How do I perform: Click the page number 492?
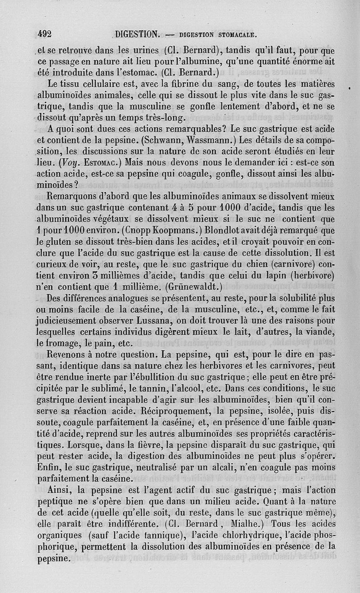pos(45,33)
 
